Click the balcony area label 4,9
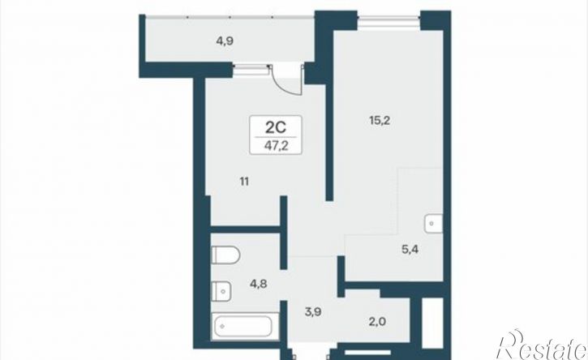click(x=225, y=41)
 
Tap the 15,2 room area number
click(x=380, y=121)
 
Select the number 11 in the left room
click(x=244, y=182)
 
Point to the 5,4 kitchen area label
click(x=410, y=249)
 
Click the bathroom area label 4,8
click(x=259, y=284)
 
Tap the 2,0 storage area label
click(x=377, y=321)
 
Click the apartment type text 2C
click(x=276, y=128)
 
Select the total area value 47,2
click(x=277, y=146)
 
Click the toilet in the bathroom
click(x=225, y=255)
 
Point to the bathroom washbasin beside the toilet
click(x=221, y=290)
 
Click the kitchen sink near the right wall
click(x=434, y=224)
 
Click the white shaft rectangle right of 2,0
click(x=432, y=323)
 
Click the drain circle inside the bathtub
click(x=222, y=327)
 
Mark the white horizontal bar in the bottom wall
click(x=368, y=353)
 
